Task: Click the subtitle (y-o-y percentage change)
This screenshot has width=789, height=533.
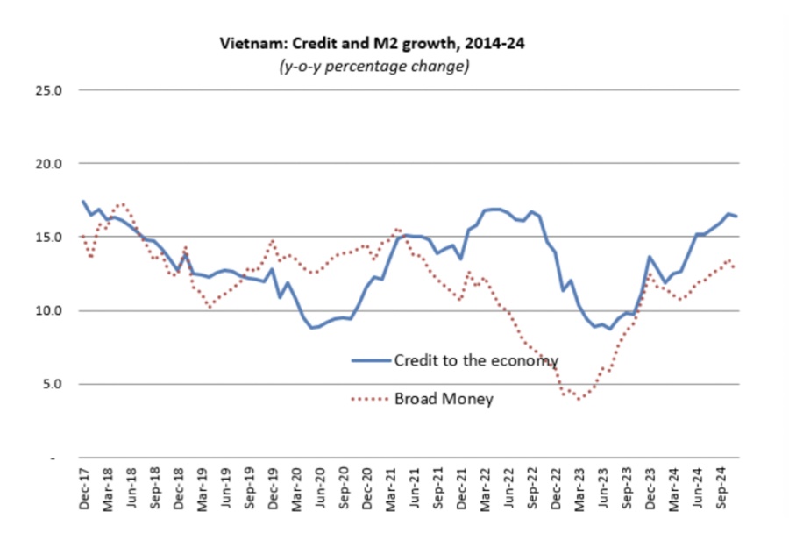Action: coord(368,67)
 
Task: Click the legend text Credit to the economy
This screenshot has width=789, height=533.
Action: coord(476,360)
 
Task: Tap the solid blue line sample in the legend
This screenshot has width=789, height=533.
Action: coord(369,360)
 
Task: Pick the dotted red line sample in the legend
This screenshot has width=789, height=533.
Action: coord(369,399)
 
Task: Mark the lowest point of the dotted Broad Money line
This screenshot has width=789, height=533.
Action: coord(579,399)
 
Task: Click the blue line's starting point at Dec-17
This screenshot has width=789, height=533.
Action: coord(83,201)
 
